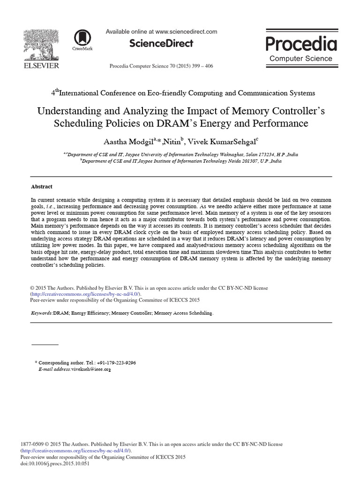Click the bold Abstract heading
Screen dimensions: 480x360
click(42, 186)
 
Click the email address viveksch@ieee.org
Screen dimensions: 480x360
click(91, 369)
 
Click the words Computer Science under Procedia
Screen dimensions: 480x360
click(301, 59)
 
